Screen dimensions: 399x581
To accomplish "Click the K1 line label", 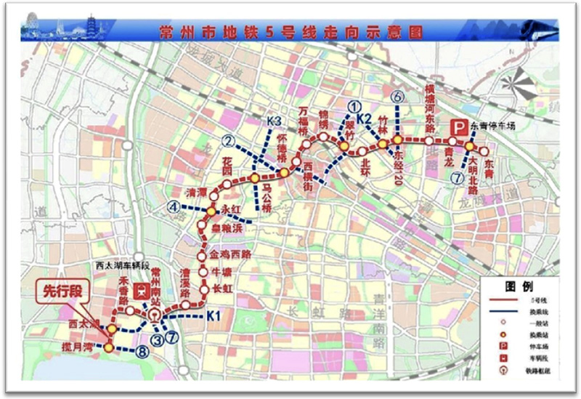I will tap(212, 315).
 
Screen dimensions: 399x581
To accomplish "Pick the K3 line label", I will tap(274, 121).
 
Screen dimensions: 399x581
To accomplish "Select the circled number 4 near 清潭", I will tap(174, 206).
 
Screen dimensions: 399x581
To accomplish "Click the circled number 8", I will tap(142, 352).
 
